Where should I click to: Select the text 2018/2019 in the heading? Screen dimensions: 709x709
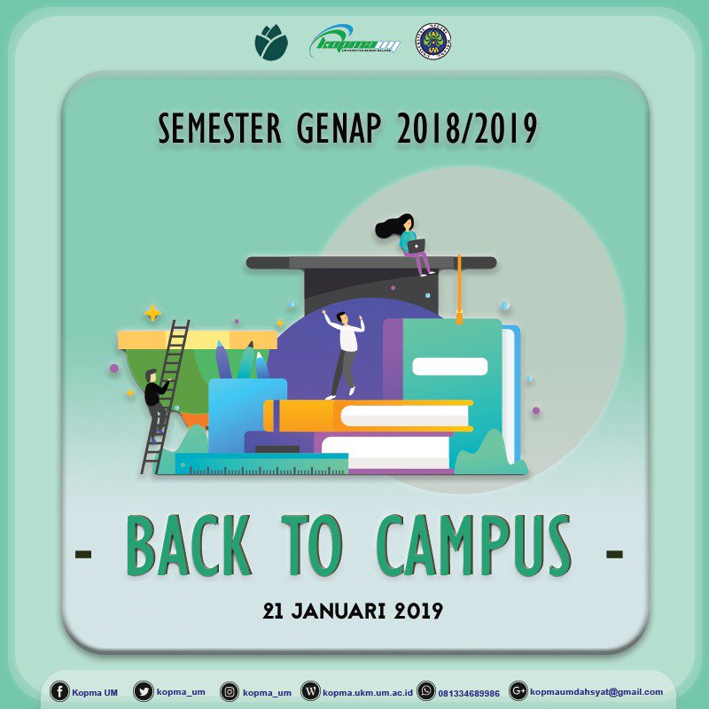tap(467, 129)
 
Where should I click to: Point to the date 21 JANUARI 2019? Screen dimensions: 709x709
tap(353, 611)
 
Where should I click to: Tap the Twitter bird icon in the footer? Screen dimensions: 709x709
tap(143, 691)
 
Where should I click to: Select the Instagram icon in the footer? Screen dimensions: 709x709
tap(230, 691)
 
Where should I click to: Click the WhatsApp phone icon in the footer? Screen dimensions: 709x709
tap(426, 691)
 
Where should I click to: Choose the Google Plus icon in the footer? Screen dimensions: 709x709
tap(518, 691)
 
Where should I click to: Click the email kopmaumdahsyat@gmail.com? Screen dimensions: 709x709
tap(596, 692)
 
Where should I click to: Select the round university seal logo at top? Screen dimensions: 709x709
tap(432, 42)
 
